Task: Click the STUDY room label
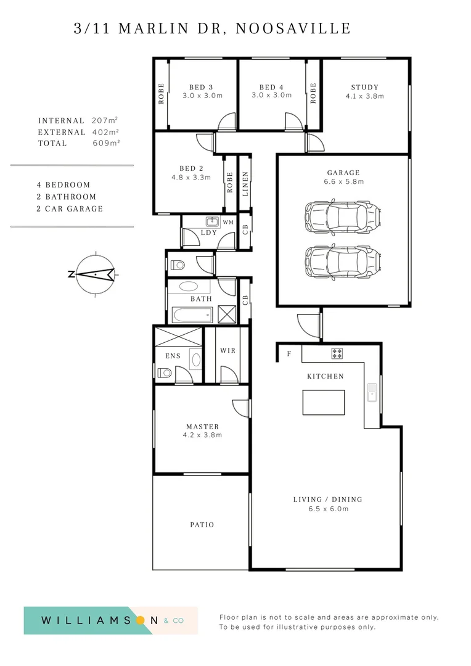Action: coord(364,87)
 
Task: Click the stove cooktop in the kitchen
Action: coord(337,353)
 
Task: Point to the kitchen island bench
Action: coord(324,402)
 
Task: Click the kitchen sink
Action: coord(372,393)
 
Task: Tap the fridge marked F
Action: coord(289,354)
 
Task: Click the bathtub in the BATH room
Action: coord(191,316)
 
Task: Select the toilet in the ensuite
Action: coord(164,372)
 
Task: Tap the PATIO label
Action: coord(202,525)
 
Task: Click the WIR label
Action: coord(227,350)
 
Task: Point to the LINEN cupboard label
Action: coord(245,183)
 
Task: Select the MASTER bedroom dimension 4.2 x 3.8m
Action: coord(202,435)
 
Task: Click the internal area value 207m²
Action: coord(105,121)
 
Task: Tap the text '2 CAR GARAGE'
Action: coord(70,208)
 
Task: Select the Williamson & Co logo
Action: coord(110,620)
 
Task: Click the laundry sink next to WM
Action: coord(213,221)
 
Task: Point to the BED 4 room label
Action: coord(271,87)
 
